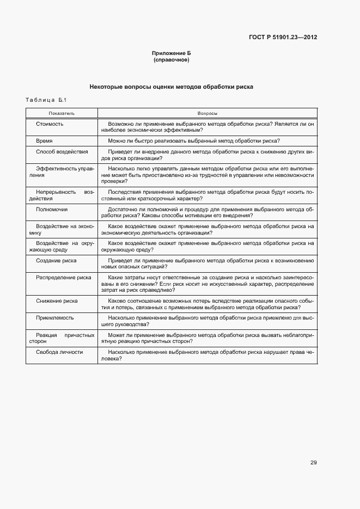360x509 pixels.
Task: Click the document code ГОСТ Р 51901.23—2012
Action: pos(283,38)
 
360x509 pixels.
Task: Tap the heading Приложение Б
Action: pos(172,53)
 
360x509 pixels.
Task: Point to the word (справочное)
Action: pos(172,59)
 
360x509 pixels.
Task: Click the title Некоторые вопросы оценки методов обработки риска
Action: pos(172,87)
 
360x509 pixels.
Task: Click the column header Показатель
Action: pos(61,113)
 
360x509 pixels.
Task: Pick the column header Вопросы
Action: pos(207,113)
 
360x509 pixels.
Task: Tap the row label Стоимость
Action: pos(50,124)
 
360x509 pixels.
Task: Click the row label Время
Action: pos(44,140)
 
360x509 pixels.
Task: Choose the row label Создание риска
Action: pos(56,260)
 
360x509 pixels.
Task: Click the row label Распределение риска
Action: pos(63,277)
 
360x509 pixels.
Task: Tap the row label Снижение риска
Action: pos(57,301)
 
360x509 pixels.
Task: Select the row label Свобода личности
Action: pos(59,352)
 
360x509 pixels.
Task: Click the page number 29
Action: pos(314,463)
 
